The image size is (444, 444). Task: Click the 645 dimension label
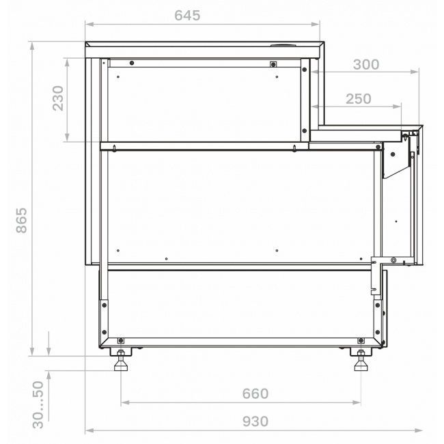pos(187,16)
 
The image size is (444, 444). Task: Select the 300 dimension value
pos(366,65)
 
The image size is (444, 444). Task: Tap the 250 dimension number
pos(358,99)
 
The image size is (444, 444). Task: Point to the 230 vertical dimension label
pos(58,98)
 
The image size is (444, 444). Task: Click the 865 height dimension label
pos(21,221)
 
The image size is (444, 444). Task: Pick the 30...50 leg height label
pos(38,404)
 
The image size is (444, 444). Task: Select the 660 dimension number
pos(255,393)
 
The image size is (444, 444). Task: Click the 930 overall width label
pos(255,421)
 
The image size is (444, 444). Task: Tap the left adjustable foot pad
pos(121,367)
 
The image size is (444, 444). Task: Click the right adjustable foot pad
pos(361,367)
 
